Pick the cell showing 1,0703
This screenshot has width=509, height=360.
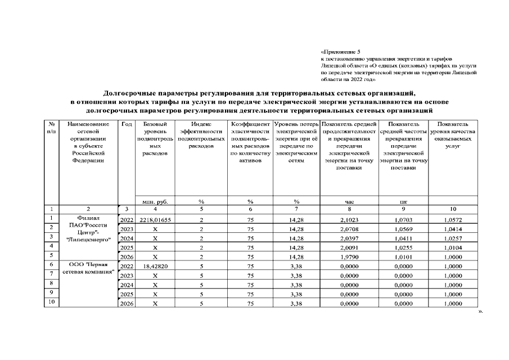[403, 219]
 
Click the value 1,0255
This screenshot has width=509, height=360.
[403, 247]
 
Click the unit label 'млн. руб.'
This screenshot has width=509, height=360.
[155, 201]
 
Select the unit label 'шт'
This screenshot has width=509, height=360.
[403, 201]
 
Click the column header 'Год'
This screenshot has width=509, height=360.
[127, 124]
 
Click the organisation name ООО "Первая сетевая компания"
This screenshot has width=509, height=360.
[88, 268]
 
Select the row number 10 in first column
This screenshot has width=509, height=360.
[51, 302]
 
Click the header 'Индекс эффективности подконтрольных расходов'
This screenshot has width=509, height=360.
[201, 134]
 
